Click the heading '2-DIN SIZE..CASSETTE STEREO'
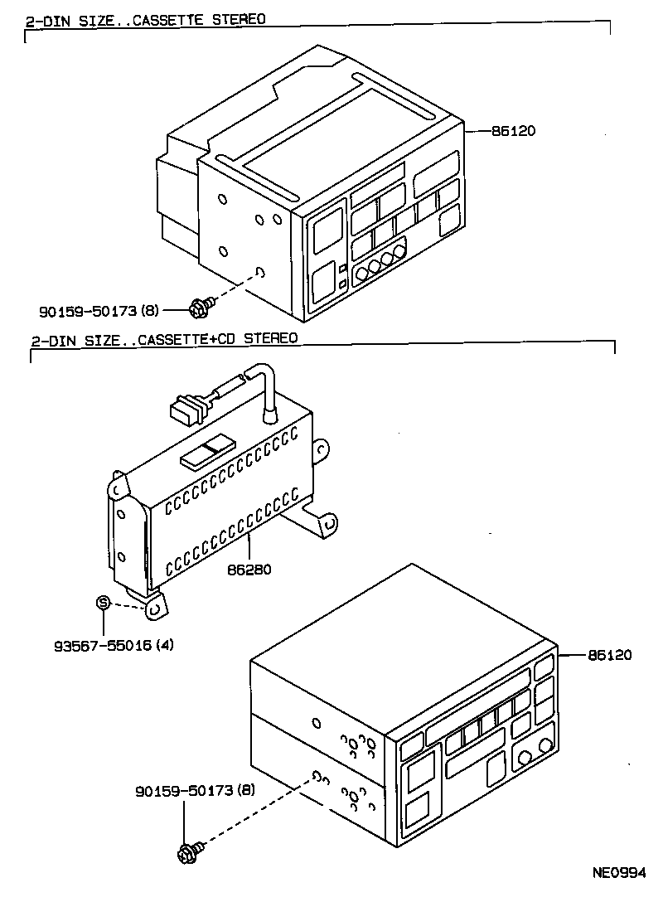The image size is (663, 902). point(145,18)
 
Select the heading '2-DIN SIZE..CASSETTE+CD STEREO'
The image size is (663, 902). point(163,339)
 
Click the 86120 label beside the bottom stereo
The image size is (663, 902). point(609,655)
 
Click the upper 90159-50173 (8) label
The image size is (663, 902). point(99,311)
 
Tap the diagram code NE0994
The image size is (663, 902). point(617,872)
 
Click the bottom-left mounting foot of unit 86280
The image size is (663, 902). point(154,609)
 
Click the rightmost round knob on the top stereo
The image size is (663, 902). point(400,250)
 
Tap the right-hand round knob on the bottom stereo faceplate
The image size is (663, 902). point(544,745)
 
